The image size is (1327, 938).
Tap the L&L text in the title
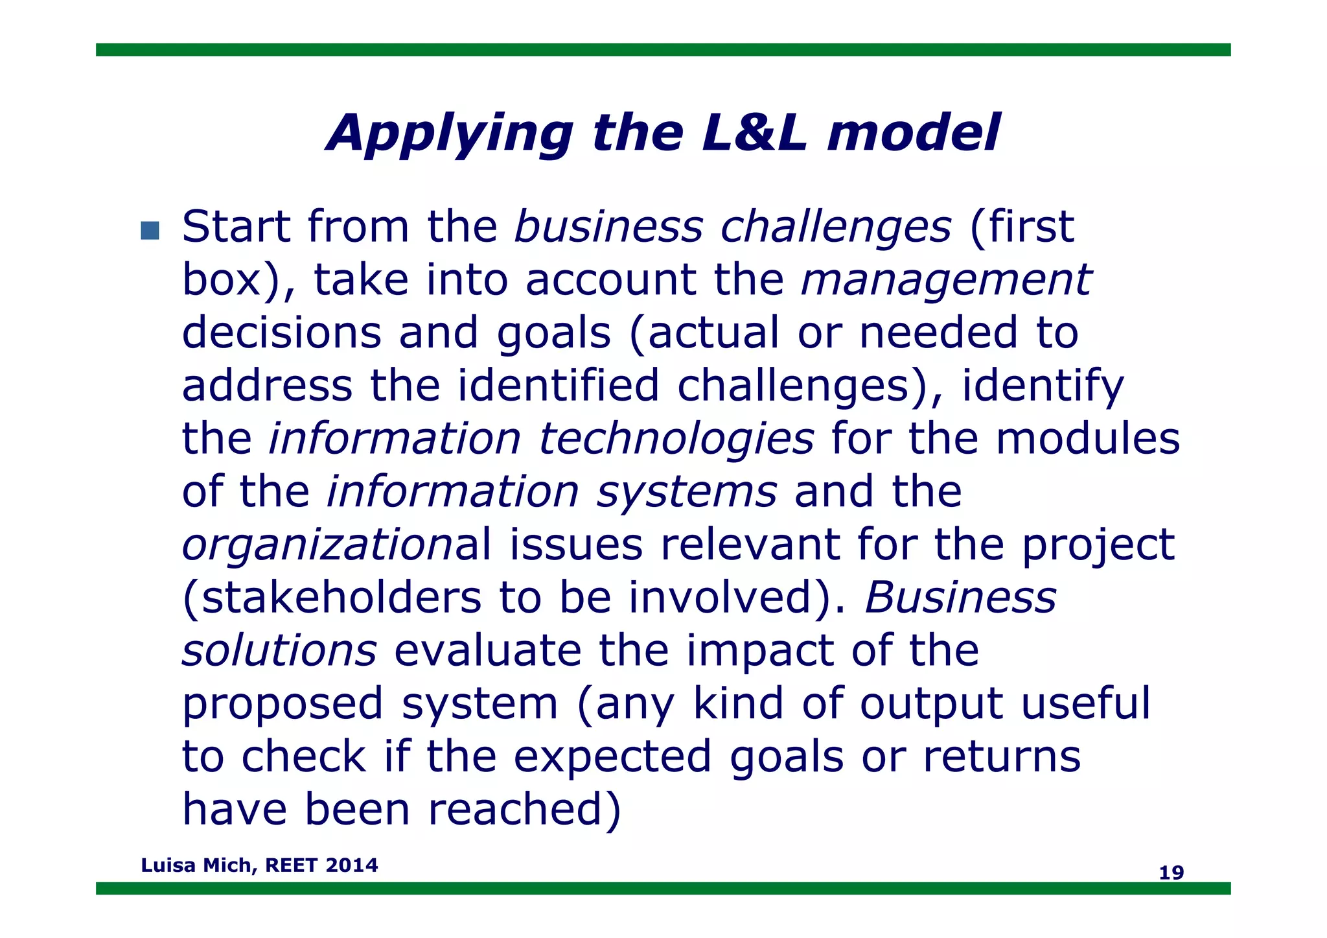coord(755,133)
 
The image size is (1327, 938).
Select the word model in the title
coord(914,133)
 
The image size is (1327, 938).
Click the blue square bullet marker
coord(150,230)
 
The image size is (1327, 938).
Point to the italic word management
coord(946,280)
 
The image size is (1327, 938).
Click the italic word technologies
coord(676,439)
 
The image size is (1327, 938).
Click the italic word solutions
coord(279,651)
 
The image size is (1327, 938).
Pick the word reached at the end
coord(525,810)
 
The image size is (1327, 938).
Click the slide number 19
coord(1171,873)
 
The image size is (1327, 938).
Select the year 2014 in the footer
coord(352,865)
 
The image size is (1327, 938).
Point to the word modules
coord(1088,439)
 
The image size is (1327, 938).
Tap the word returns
coord(1002,756)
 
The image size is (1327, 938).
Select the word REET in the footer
coord(292,865)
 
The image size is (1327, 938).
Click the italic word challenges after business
coord(836,227)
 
